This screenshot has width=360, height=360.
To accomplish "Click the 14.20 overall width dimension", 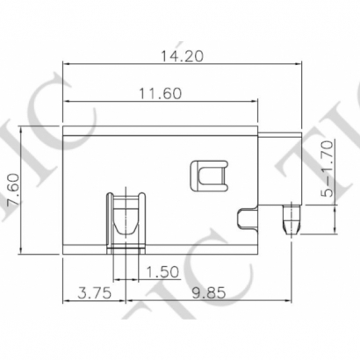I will [181, 55].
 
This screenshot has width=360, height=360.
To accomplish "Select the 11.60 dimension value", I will [159, 94].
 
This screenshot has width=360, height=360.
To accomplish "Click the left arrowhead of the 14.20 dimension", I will [64, 64].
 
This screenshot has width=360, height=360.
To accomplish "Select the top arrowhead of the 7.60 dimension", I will [22, 126].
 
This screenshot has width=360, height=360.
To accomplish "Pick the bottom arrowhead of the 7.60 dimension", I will [22, 251].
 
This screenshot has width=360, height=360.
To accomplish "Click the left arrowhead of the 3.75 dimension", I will [64, 304].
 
